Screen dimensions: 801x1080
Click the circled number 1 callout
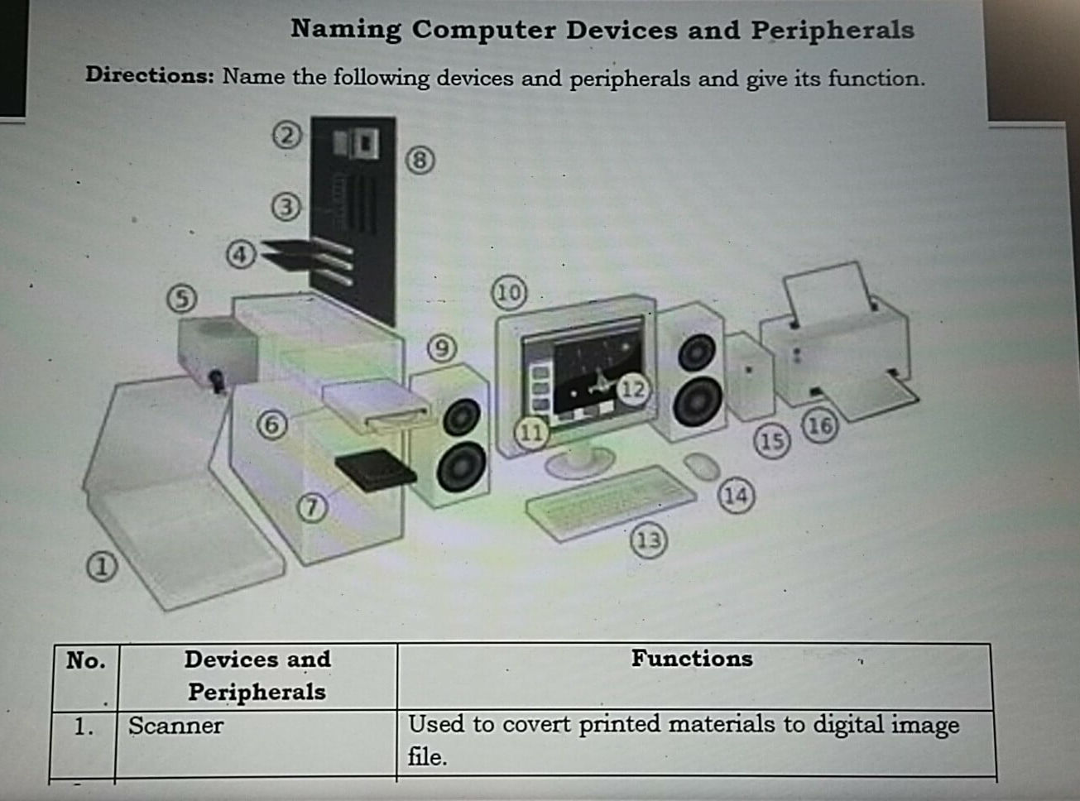101,567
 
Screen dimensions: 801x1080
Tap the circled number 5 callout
182,298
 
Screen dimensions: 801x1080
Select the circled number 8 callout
420,160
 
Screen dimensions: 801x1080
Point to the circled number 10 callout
509,292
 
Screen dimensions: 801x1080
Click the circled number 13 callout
648,540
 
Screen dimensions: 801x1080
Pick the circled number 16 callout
819,426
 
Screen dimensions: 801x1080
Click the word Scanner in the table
175,726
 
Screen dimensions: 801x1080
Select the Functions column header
692,659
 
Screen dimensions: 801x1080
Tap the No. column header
85,660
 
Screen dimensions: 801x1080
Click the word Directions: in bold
150,75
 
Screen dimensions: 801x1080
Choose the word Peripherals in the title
832,30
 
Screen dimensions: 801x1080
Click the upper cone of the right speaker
697,353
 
